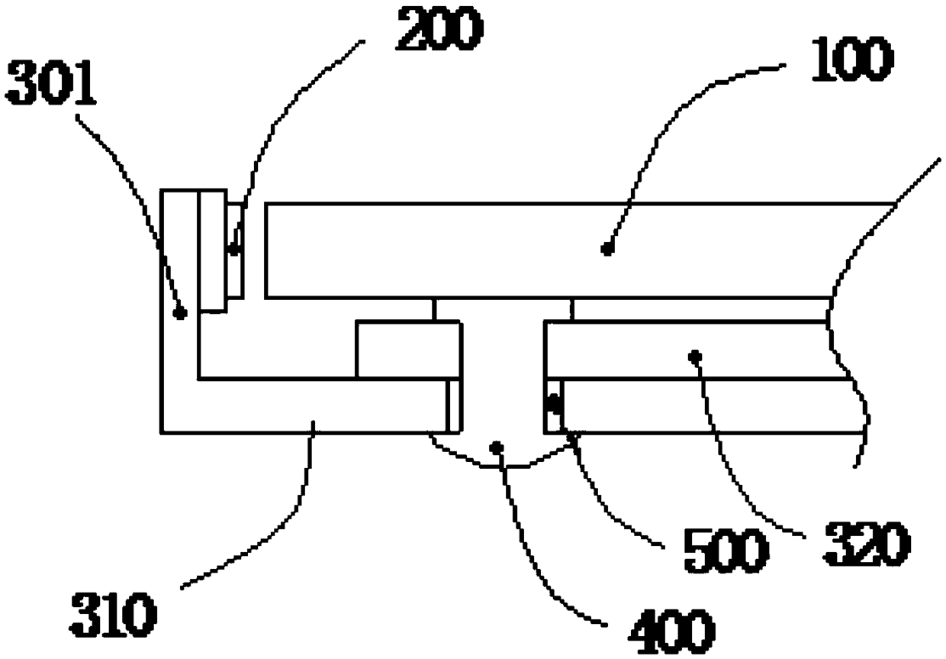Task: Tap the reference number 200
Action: pyautogui.click(x=439, y=31)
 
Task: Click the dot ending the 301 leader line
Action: pyautogui.click(x=181, y=312)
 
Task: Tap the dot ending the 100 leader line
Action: pyautogui.click(x=607, y=248)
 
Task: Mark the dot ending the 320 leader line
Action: pyautogui.click(x=694, y=355)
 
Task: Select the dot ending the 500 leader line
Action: pyautogui.click(x=555, y=402)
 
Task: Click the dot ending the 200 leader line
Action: pyautogui.click(x=234, y=248)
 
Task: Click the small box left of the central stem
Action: pyautogui.click(x=408, y=349)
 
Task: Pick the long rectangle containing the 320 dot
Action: pyautogui.click(x=687, y=350)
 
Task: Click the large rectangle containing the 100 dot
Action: pyautogui.click(x=534, y=250)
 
